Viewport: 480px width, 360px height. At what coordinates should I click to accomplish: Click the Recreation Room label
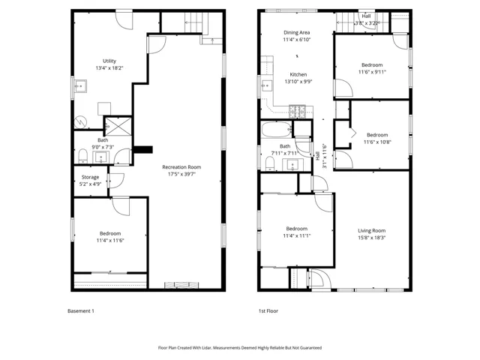(x=181, y=167)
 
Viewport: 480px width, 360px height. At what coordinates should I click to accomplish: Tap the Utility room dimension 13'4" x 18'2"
(x=109, y=68)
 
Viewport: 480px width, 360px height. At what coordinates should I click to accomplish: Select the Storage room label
(x=90, y=177)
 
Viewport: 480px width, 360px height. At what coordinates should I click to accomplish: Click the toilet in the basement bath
(x=83, y=156)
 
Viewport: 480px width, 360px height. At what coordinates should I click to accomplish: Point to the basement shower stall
(x=118, y=126)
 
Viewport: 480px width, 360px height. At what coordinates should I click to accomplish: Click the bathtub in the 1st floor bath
(x=277, y=130)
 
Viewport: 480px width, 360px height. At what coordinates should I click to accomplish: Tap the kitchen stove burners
(x=297, y=112)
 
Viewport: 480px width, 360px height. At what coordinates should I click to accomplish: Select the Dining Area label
(x=297, y=32)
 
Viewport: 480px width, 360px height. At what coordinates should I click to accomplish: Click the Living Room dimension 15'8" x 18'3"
(x=372, y=238)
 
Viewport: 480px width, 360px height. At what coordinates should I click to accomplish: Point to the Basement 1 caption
(x=81, y=311)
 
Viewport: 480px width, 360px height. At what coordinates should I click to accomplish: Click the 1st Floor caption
(x=268, y=311)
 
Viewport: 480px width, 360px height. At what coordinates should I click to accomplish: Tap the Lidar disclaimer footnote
(x=240, y=348)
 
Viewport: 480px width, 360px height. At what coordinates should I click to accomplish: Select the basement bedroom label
(x=110, y=233)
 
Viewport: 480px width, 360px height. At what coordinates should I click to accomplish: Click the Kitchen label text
(x=298, y=74)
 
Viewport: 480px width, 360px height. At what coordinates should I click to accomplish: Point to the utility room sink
(x=80, y=86)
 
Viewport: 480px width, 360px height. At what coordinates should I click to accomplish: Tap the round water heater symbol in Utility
(x=81, y=121)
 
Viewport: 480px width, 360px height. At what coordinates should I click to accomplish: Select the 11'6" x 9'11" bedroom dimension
(x=372, y=72)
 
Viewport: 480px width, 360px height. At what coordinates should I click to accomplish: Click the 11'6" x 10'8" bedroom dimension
(x=377, y=142)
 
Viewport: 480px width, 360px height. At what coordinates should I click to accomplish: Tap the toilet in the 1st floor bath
(x=270, y=163)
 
